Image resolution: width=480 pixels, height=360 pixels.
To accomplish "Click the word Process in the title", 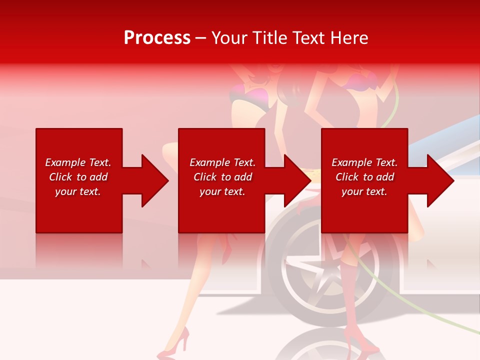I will (157, 38).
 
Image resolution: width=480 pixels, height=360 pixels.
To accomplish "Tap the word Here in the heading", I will (349, 38).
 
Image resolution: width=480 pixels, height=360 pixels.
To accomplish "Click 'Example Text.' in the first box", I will (78, 162).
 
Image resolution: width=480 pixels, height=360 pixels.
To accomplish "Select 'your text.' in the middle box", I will (222, 191).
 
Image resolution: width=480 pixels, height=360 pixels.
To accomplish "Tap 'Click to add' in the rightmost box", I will (364, 177).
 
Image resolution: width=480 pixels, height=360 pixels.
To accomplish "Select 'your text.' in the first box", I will (78, 191).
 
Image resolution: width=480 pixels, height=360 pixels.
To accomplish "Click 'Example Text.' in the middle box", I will (222, 162).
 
